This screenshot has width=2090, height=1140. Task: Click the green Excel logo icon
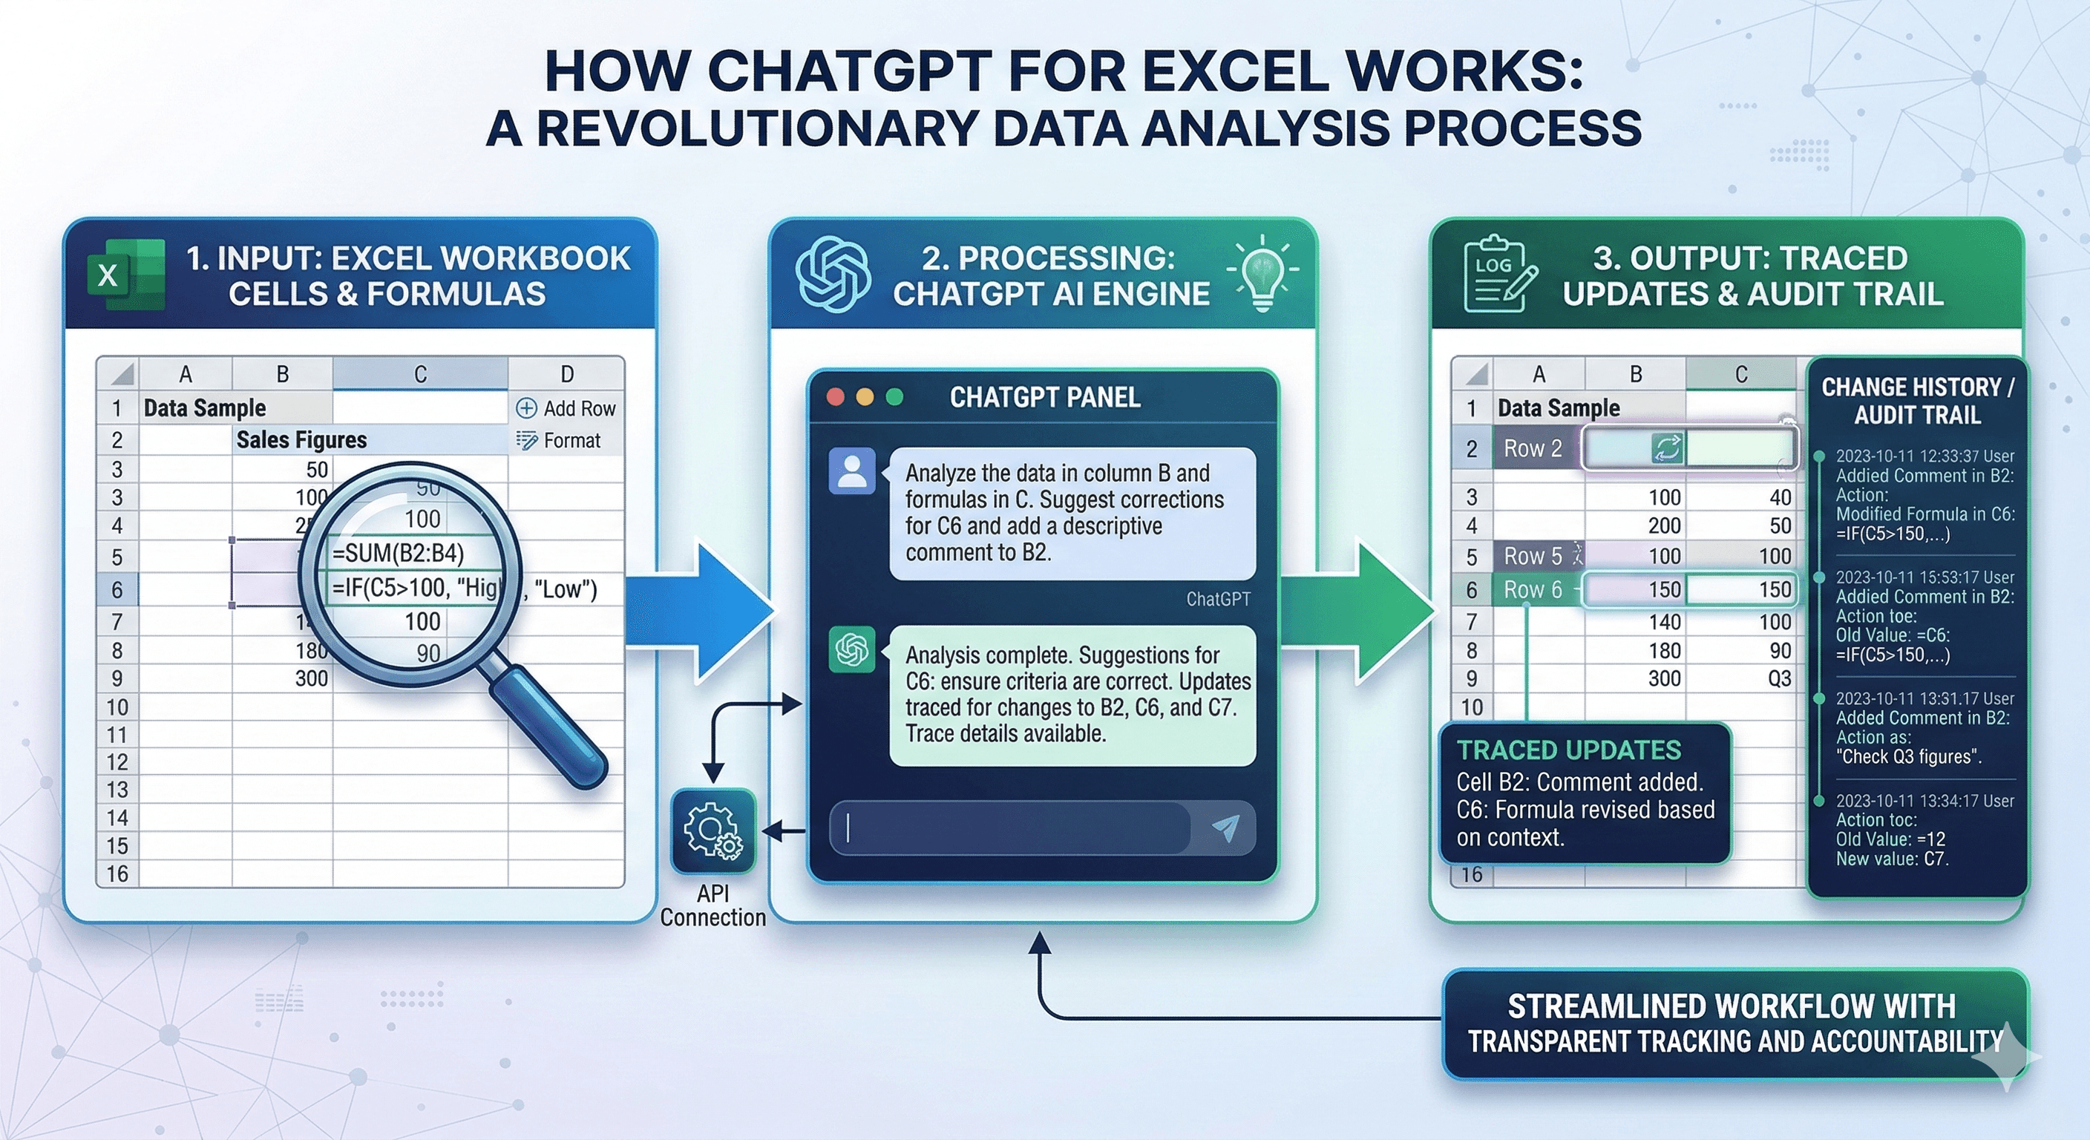coord(125,275)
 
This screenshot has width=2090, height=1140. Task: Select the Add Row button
coord(566,408)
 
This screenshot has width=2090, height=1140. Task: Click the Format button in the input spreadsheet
coord(559,441)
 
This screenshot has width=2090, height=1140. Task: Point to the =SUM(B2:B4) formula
coord(399,554)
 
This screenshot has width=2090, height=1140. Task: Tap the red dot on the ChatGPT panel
coord(835,397)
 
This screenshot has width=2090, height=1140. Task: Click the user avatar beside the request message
coord(852,471)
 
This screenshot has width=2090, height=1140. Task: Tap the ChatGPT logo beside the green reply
coord(852,649)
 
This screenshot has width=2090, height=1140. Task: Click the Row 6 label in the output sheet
coord(1533,590)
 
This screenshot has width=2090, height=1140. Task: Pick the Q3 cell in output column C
coord(1779,678)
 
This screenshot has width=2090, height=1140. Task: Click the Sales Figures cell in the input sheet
coord(301,440)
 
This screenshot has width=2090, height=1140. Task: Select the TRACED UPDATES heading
coord(1568,750)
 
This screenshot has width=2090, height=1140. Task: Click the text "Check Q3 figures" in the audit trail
coord(1908,757)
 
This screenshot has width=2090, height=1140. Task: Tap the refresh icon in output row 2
coord(1666,448)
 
